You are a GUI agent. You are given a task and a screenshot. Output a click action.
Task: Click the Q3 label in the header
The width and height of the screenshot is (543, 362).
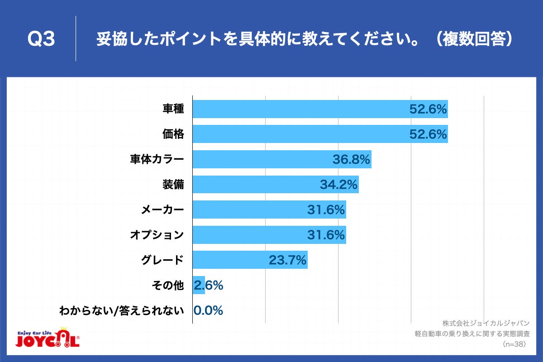point(41,39)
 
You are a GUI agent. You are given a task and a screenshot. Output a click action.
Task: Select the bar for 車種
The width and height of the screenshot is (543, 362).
point(320,109)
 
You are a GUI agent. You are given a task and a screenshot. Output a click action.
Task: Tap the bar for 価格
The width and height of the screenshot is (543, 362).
point(320,134)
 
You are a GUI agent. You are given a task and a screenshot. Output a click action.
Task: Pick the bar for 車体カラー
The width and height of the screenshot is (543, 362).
point(282,159)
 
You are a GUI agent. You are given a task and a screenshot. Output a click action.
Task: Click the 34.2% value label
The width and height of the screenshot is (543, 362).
point(339,185)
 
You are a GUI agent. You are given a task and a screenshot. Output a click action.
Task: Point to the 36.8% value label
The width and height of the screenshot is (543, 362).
point(352,159)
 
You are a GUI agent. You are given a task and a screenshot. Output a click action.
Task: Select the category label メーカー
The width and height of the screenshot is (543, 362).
point(162,210)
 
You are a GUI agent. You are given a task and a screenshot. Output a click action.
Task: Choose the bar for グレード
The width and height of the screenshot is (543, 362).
point(250,260)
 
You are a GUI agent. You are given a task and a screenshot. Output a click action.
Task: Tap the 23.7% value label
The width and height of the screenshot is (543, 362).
point(288,260)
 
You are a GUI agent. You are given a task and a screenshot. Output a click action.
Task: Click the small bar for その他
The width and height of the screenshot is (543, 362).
point(199,285)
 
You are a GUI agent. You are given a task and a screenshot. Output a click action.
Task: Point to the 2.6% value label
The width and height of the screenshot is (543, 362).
point(209,285)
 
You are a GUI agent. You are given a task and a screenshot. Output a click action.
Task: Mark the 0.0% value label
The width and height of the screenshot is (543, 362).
point(209,310)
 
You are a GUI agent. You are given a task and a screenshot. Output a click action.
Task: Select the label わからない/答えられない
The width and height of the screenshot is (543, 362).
point(122,310)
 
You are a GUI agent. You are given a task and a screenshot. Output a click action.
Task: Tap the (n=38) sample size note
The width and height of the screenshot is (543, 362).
point(513,344)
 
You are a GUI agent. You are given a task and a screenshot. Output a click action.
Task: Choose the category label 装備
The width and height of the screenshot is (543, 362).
point(173,185)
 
